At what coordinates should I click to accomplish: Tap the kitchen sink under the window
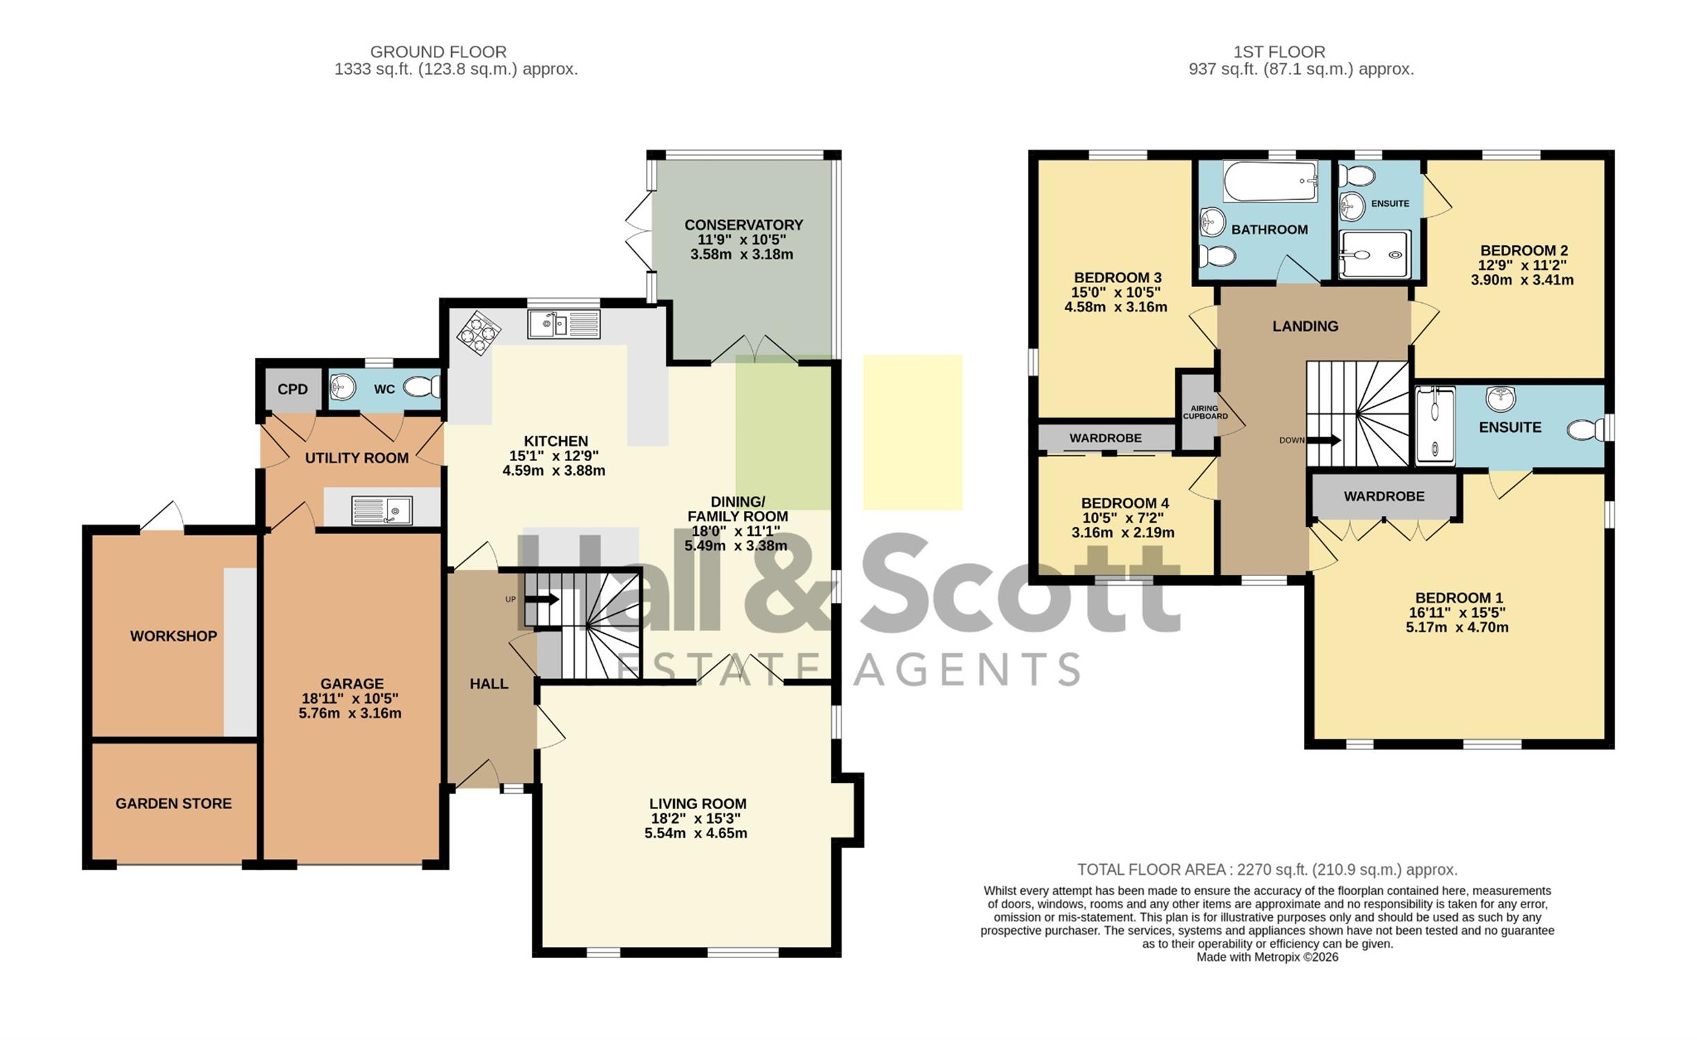(564, 324)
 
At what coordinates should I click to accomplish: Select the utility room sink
(382, 510)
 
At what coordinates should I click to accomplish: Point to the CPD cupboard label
(293, 389)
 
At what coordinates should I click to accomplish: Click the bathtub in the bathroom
(1270, 181)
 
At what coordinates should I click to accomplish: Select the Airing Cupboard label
(1205, 413)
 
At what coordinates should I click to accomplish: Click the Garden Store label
(173, 804)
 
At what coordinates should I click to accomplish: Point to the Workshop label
(173, 636)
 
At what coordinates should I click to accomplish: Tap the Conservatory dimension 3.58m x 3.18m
(742, 254)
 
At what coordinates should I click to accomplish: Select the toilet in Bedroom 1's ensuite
(1585, 429)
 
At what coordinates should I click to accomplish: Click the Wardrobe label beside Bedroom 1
(1384, 496)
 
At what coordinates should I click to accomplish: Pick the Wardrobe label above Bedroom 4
(1106, 438)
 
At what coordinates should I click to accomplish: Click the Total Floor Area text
(1267, 869)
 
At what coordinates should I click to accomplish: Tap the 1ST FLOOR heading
(1279, 52)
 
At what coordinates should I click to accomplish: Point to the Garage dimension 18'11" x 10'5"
(350, 699)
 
